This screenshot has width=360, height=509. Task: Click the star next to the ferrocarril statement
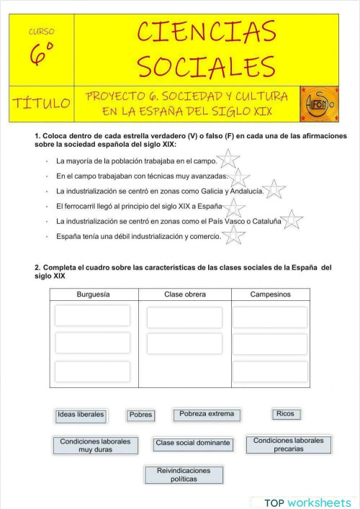coord(232,206)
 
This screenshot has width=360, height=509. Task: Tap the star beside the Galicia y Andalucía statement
coord(273,190)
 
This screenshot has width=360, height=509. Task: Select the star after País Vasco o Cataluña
coord(292,220)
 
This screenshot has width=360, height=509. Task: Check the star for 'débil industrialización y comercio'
coord(233,235)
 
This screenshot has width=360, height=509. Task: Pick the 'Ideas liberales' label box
coord(81,415)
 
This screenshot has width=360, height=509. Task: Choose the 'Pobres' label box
coord(140,415)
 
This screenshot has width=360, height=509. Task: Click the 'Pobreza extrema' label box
coord(207,415)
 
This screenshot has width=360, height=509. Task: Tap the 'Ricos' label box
coord(285,414)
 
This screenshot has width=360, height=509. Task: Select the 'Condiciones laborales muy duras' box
coord(95,445)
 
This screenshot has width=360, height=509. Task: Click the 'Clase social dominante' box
coord(193,443)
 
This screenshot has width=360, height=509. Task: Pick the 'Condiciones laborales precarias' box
coord(288,444)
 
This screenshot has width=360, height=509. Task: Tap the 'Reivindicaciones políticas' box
coord(184,474)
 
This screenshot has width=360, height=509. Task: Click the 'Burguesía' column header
coord(94,294)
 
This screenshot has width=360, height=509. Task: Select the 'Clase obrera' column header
coord(185,294)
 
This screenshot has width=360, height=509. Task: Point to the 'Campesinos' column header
coord(270,294)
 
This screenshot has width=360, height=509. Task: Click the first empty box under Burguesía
coord(93,315)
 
